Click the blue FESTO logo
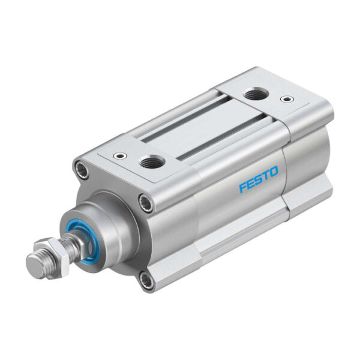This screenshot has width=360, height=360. [259, 179]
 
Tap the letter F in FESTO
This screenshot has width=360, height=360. [243, 188]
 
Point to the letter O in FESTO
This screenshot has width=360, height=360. [274, 172]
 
